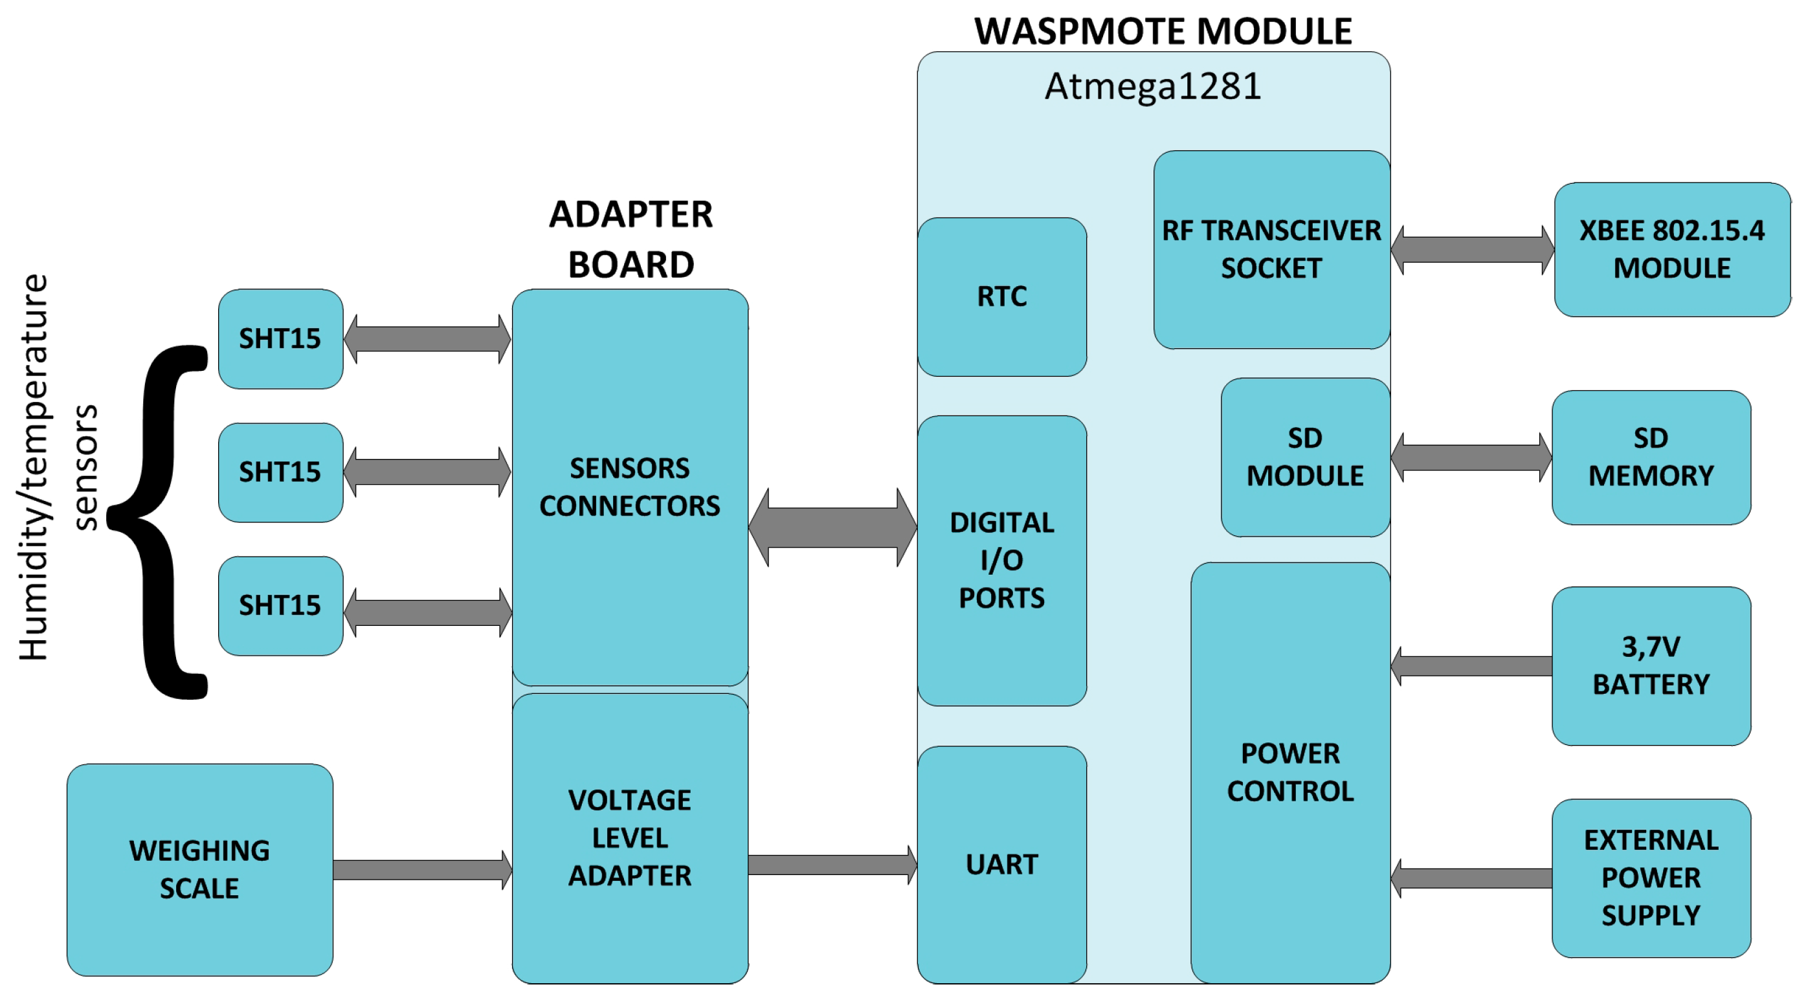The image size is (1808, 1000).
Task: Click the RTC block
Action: (1001, 297)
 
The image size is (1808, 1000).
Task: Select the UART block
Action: (1001, 865)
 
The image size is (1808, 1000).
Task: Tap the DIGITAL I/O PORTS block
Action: (1001, 560)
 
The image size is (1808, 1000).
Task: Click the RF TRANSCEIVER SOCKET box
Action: (1271, 250)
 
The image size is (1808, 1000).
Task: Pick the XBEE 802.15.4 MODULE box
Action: (1672, 250)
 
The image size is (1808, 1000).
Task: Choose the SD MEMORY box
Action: (1651, 458)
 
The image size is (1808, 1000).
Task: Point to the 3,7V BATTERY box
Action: (1651, 665)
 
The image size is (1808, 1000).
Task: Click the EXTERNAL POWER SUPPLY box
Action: (1651, 878)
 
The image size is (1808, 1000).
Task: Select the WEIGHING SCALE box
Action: (199, 869)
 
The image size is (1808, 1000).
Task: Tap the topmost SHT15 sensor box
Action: (280, 339)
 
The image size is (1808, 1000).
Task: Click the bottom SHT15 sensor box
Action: (280, 606)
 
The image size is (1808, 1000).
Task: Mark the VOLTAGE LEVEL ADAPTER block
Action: (630, 838)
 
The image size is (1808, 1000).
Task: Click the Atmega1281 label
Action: (1152, 87)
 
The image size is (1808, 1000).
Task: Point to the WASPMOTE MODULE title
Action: (1163, 32)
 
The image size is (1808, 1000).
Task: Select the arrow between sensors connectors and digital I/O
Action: (832, 527)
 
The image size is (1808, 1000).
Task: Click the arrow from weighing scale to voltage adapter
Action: (421, 870)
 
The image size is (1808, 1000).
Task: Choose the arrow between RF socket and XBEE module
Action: (1472, 250)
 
